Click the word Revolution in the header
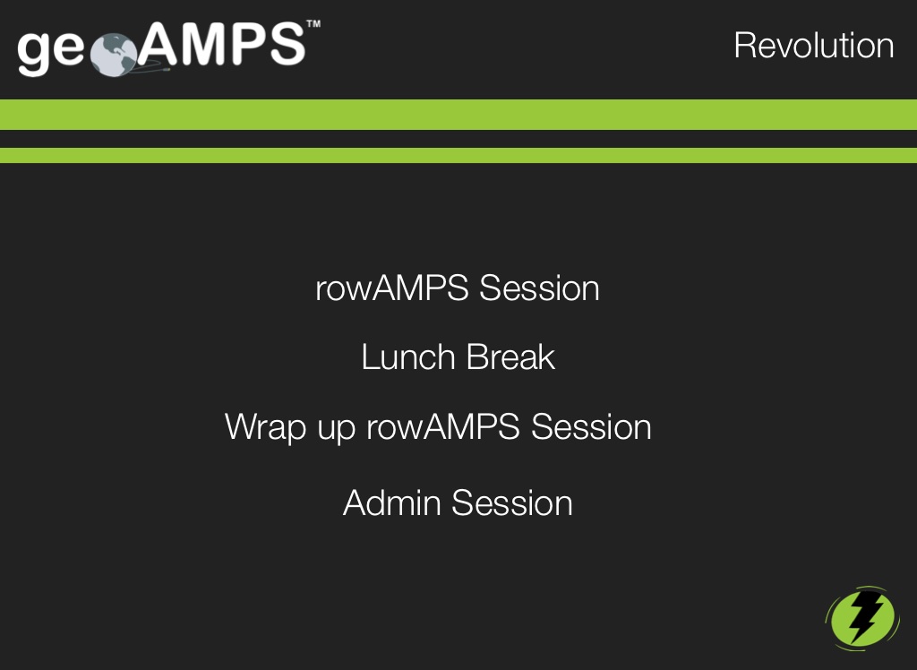pyautogui.click(x=813, y=46)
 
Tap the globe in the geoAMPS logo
pyautogui.click(x=114, y=55)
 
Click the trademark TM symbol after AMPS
pyautogui.click(x=313, y=24)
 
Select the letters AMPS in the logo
pyautogui.click(x=221, y=45)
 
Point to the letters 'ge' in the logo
pyautogui.click(x=51, y=51)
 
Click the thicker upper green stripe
pyautogui.click(x=458, y=115)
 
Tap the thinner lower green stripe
pyautogui.click(x=458, y=155)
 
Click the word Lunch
pyautogui.click(x=408, y=356)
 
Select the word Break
pyautogui.click(x=510, y=356)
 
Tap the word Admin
pyautogui.click(x=392, y=502)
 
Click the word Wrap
pyautogui.click(x=265, y=428)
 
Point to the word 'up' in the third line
pyautogui.click(x=337, y=431)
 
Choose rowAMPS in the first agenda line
pyautogui.click(x=392, y=288)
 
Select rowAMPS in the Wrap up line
pyautogui.click(x=442, y=426)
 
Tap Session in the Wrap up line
pyautogui.click(x=591, y=426)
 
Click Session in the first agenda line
pyautogui.click(x=539, y=288)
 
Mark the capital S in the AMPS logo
pyautogui.click(x=287, y=45)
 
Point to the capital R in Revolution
pyautogui.click(x=746, y=46)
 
